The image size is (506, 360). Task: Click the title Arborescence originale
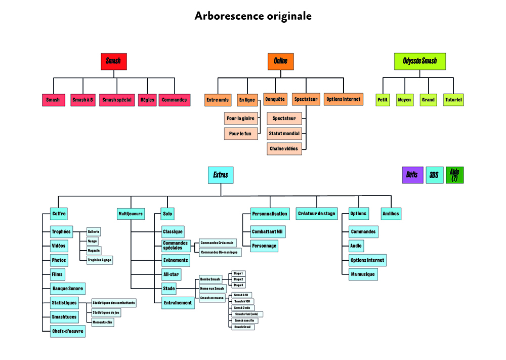pyautogui.click(x=253, y=16)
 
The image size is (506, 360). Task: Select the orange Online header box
pyautogui.click(x=280, y=61)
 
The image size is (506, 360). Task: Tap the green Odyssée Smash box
pyautogui.click(x=419, y=61)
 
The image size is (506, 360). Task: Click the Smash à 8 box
pyautogui.click(x=83, y=100)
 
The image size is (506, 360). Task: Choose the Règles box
pyautogui.click(x=147, y=100)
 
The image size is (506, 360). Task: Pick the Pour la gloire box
pyautogui.click(x=241, y=118)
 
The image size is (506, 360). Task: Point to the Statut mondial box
pyautogui.click(x=284, y=134)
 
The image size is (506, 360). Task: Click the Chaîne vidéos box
pyautogui.click(x=284, y=149)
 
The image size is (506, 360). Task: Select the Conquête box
pyautogui.click(x=275, y=99)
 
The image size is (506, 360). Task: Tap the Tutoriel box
pyautogui.click(x=453, y=100)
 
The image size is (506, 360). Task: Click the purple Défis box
pyautogui.click(x=412, y=175)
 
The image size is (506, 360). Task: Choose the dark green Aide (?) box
pyautogui.click(x=454, y=175)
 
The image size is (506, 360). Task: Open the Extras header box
pyautogui.click(x=221, y=175)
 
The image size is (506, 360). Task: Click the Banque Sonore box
pyautogui.click(x=68, y=289)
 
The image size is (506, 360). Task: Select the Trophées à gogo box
pyautogui.click(x=99, y=260)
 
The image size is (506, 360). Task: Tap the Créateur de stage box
pyautogui.click(x=316, y=214)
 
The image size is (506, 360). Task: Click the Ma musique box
pyautogui.click(x=363, y=274)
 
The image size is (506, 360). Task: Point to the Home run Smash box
pyautogui.click(x=212, y=289)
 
